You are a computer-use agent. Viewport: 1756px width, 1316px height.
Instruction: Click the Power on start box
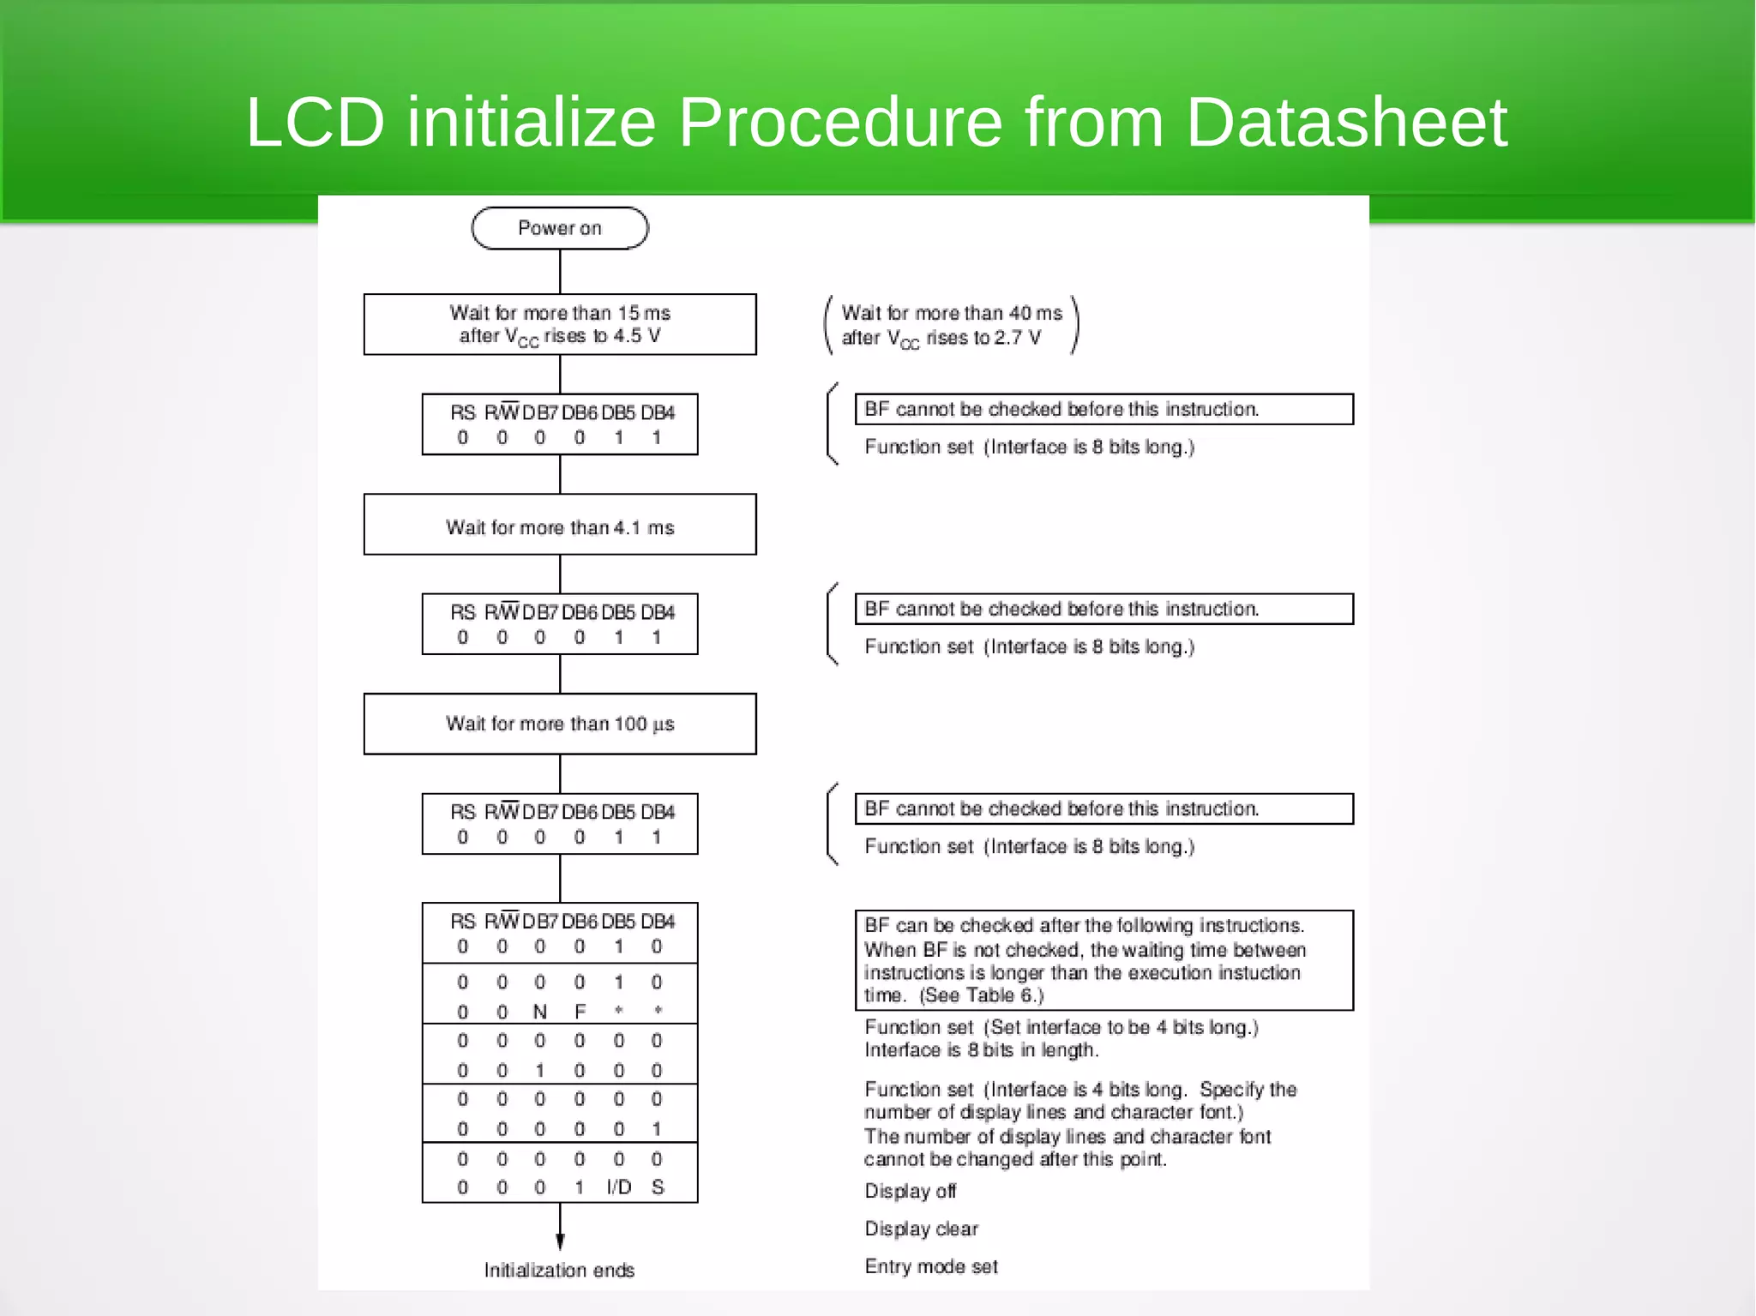[560, 228]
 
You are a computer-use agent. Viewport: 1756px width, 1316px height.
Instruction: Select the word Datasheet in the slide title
[1346, 123]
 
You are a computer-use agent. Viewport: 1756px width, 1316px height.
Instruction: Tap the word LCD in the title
[315, 123]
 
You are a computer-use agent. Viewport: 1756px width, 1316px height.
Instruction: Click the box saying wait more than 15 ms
[560, 324]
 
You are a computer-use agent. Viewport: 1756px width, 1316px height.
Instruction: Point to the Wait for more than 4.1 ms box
[560, 525]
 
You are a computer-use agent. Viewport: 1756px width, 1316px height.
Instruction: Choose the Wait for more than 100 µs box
[560, 724]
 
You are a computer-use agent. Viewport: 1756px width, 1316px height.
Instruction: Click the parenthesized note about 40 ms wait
[951, 325]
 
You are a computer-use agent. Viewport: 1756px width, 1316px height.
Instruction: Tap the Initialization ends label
[559, 1270]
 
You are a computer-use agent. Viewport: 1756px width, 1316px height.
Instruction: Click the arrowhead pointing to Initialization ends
[560, 1241]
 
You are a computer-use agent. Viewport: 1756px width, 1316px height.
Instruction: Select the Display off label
[910, 1191]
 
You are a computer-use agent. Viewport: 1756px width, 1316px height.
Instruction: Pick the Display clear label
[921, 1229]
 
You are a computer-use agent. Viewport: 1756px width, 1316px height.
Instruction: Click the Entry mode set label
[931, 1266]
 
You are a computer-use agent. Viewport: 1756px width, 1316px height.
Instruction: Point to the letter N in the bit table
[539, 1012]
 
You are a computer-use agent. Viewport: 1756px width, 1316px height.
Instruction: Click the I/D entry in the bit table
[618, 1187]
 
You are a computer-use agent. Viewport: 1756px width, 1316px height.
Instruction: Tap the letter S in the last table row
[658, 1187]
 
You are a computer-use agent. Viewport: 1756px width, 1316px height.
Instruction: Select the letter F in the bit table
[580, 1012]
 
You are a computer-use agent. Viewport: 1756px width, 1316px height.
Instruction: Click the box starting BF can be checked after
[1104, 960]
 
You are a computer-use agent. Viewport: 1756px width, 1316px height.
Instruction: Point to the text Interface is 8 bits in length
[981, 1050]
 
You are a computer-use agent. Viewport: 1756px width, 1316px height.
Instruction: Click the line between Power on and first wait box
[560, 272]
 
